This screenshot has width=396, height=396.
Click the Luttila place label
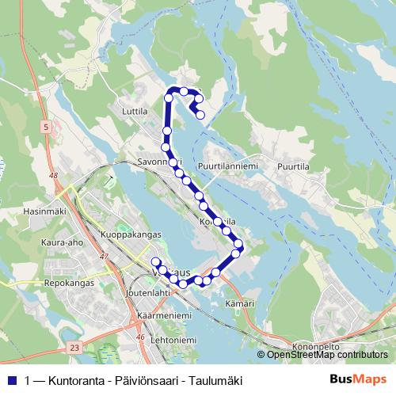coord(136,112)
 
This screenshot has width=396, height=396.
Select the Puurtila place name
coord(292,166)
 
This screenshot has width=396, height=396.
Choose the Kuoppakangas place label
coord(131,234)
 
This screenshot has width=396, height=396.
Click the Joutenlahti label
coord(147,292)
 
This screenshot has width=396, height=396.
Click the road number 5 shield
coord(47,127)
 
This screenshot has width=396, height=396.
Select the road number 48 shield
coord(53,176)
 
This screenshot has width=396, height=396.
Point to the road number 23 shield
coord(74,347)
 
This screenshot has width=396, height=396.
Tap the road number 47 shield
coord(104,257)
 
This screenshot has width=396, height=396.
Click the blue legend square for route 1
coord(12,379)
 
